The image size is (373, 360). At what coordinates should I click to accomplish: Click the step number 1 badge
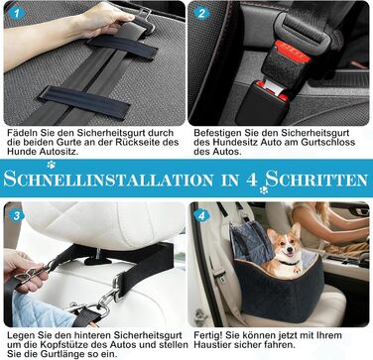17,13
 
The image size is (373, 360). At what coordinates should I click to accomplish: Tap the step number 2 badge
201,13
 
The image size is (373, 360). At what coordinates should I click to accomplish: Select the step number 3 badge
17,216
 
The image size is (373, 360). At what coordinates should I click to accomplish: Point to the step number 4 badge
201,216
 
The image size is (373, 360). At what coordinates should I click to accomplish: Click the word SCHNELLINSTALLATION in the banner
108,180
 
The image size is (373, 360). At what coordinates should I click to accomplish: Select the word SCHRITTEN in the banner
316,180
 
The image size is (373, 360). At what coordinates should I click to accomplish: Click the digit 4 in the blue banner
252,180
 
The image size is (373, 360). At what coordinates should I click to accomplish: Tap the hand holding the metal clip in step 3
21,269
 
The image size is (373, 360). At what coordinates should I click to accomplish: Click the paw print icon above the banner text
52,165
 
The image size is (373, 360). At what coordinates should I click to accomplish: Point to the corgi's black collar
289,264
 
